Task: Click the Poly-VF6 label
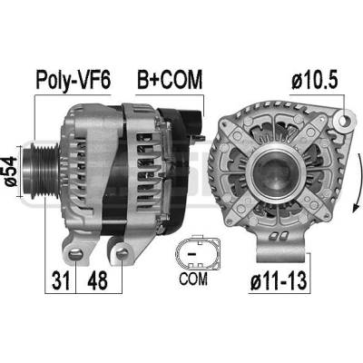tap(74, 81)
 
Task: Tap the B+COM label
tap(170, 80)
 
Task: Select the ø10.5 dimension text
tap(315, 81)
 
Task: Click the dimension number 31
tap(61, 280)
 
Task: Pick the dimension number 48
tap(97, 280)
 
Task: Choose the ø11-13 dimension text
tap(279, 280)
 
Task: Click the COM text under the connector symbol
tap(193, 279)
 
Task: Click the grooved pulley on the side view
tap(41, 172)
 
